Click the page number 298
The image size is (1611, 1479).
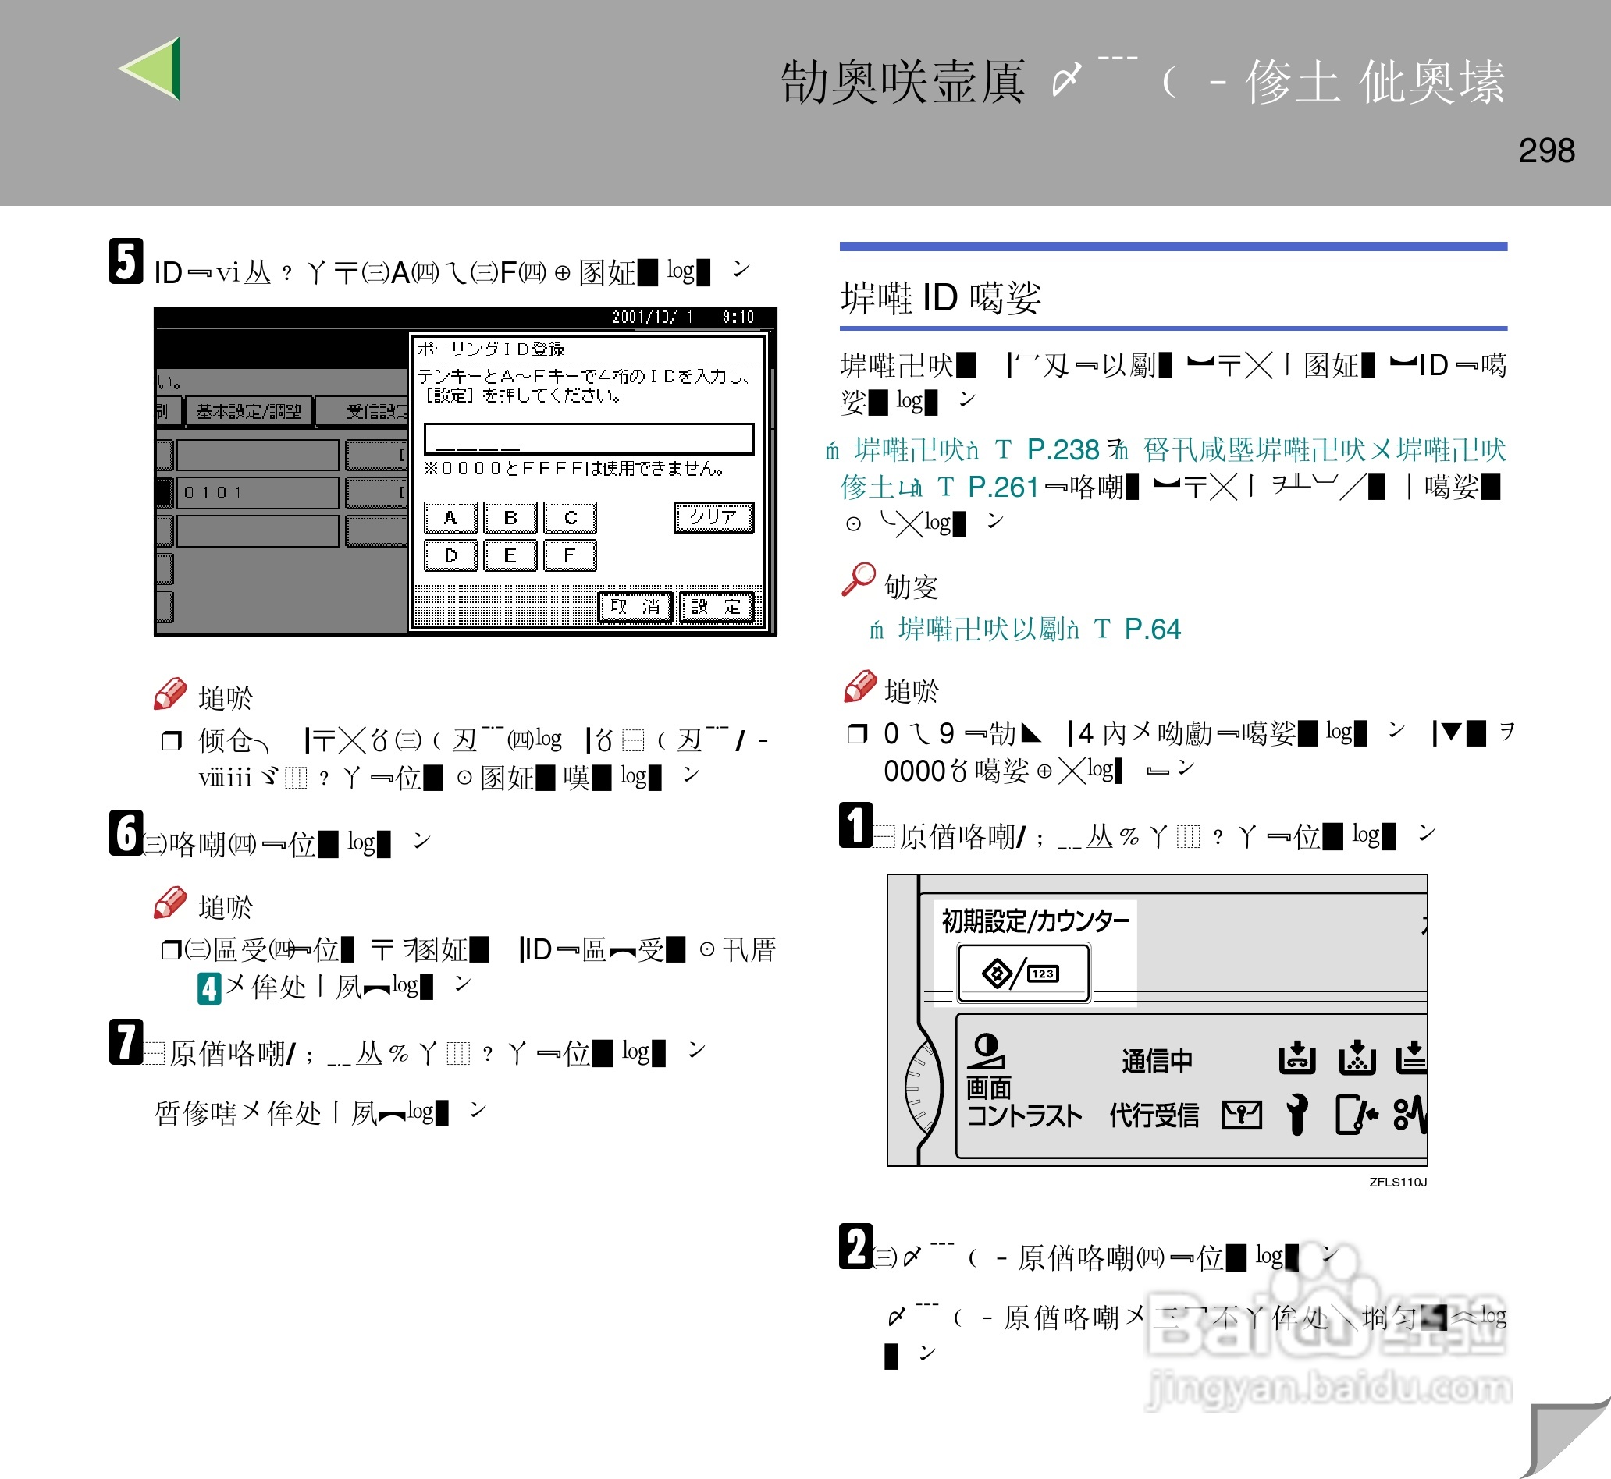coord(1545,151)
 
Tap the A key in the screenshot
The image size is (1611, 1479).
coord(450,518)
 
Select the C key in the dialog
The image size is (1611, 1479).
coord(570,518)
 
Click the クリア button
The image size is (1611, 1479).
coord(713,517)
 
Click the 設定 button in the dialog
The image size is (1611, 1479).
coord(717,607)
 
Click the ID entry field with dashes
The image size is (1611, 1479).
coord(589,438)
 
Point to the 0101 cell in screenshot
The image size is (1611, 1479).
coord(256,492)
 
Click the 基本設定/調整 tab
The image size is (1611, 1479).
coord(249,411)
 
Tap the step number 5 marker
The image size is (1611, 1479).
coord(126,261)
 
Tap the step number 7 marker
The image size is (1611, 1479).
coord(126,1042)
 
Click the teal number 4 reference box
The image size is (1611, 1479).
coord(209,988)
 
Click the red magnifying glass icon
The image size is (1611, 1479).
coord(859,579)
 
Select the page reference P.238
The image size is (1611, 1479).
coord(1062,450)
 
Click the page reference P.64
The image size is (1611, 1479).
coord(1151,629)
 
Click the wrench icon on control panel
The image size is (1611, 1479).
coord(1297,1114)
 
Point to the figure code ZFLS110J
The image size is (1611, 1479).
coord(1397,1182)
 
